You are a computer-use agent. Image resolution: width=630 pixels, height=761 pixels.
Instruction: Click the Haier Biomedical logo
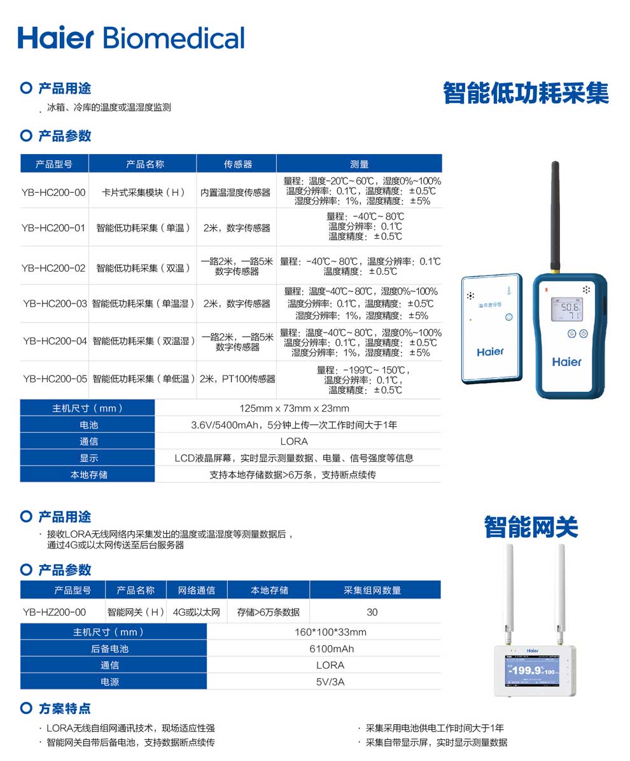pos(131,37)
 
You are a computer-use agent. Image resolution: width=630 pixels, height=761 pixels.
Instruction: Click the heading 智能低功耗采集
pos(526,93)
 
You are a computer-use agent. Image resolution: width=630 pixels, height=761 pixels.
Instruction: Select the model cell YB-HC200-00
pos(53,192)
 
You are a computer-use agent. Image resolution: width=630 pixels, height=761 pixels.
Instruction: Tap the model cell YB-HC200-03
pos(55,304)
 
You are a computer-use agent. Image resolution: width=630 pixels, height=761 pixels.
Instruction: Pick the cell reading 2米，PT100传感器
pos(237,379)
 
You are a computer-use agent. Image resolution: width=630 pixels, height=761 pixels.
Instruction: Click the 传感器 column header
pos(237,164)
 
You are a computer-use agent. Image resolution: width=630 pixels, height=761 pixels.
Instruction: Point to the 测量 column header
pos(359,164)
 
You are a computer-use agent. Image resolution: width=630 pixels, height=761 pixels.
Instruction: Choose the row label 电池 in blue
pos(88,425)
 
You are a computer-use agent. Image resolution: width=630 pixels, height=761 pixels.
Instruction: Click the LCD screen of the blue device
pos(570,309)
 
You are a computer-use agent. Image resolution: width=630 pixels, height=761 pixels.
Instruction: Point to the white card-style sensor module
pos(491,328)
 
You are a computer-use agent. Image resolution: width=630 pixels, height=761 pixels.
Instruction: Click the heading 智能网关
pos(531,527)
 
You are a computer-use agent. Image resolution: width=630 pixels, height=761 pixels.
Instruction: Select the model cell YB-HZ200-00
pos(54,612)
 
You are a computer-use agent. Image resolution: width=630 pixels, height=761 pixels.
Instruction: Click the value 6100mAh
pos(331,649)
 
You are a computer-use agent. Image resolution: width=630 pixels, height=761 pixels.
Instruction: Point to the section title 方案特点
pos(64,708)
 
